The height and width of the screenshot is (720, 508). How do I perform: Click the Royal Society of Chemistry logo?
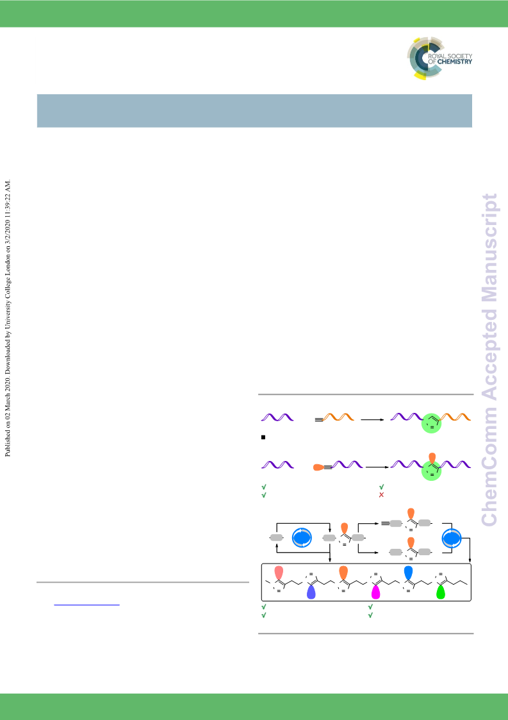[439, 58]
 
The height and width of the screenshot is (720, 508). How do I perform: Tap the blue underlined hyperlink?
[86, 605]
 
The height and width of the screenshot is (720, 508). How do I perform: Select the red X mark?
[381, 495]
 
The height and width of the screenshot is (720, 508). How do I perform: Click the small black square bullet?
[263, 437]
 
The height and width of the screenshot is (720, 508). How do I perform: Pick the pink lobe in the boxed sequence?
[278, 572]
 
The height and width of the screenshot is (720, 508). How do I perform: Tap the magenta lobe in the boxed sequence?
[376, 592]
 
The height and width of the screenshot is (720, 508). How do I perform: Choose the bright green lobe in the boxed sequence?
[441, 592]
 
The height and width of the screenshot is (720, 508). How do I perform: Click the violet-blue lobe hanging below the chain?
[311, 592]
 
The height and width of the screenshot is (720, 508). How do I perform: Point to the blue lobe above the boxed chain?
[409, 572]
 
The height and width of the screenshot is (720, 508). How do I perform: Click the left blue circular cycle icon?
[302, 538]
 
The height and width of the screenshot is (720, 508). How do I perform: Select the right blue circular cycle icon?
[452, 538]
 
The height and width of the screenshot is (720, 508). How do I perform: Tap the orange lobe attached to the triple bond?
[318, 467]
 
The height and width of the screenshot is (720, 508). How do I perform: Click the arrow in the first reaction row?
[372, 419]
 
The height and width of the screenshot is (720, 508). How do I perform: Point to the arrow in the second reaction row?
[377, 467]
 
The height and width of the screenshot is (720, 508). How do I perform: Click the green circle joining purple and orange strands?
[431, 423]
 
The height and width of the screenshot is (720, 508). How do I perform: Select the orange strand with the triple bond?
[335, 417]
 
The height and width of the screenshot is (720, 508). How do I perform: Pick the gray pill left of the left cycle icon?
[276, 538]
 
